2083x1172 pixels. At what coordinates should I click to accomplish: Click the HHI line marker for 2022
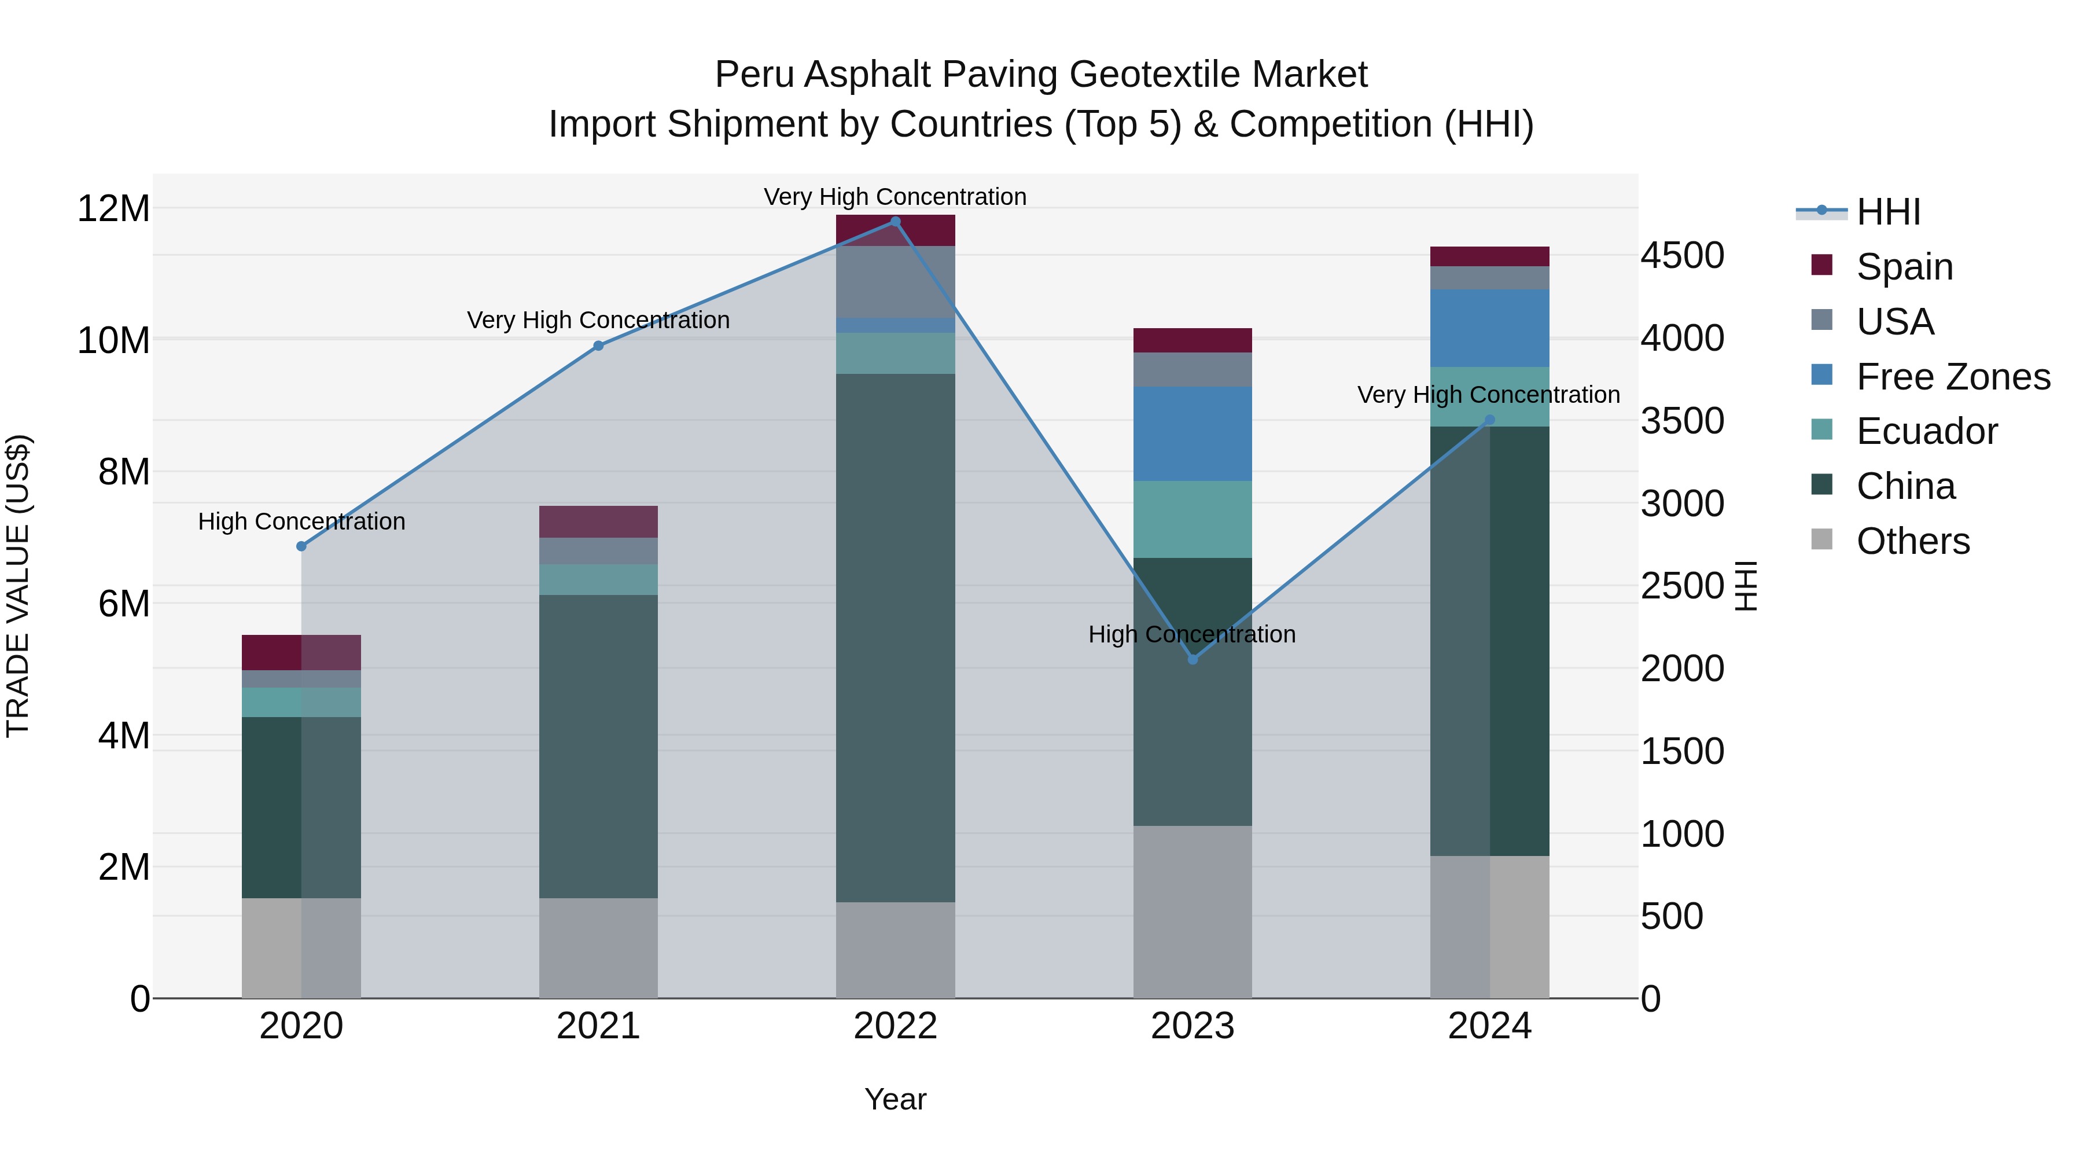tap(895, 222)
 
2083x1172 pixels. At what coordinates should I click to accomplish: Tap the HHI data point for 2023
tap(1193, 659)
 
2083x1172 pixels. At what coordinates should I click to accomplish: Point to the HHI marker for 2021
tap(598, 346)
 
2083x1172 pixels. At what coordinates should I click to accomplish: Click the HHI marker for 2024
tap(1489, 420)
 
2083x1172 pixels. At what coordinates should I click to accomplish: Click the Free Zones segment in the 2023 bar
tap(1193, 434)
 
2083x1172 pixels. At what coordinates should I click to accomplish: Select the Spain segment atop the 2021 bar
tap(598, 521)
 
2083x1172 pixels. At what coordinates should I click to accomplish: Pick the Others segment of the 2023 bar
tap(1193, 912)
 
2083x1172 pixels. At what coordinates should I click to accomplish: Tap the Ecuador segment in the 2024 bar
tap(1489, 397)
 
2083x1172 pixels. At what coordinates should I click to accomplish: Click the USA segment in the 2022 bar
tap(895, 281)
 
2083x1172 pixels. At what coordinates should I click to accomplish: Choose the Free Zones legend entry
tap(1952, 377)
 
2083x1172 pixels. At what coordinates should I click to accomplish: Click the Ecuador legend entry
tap(1926, 431)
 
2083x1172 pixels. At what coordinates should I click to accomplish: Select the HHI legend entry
tap(1887, 212)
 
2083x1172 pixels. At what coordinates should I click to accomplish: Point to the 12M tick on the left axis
tap(113, 209)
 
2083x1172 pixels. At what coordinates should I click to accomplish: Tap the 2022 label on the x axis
tap(895, 1026)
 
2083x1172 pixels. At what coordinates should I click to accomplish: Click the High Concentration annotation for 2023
tap(1192, 634)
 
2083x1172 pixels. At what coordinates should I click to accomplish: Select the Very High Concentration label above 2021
tap(598, 320)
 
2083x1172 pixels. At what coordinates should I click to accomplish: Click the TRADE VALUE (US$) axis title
tap(18, 586)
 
